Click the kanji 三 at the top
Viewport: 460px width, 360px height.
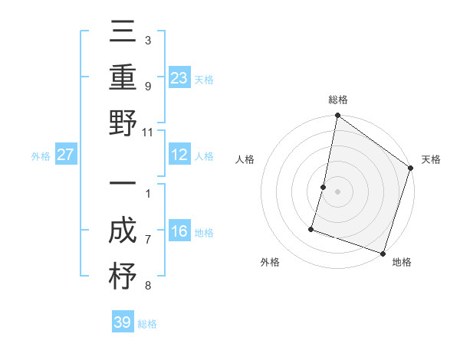pos(123,34)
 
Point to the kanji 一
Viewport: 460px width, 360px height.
pos(123,185)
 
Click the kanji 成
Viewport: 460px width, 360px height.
pos(123,232)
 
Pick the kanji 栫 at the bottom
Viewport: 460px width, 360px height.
pos(123,277)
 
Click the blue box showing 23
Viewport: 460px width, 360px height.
pos(179,77)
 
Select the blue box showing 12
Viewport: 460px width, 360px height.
pos(179,155)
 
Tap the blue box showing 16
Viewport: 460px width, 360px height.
pos(179,231)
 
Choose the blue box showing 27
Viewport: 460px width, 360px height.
pos(66,155)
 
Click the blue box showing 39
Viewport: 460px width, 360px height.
pos(123,322)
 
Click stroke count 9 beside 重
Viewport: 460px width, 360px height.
pos(148,86)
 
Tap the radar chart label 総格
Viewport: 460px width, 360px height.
pos(338,100)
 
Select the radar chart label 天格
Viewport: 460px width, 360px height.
pos(431,160)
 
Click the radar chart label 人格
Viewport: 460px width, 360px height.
pos(245,160)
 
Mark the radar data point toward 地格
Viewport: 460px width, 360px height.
pos(383,253)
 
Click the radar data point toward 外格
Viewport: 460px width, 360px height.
pos(312,228)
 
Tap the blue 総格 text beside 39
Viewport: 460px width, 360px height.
pos(148,324)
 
